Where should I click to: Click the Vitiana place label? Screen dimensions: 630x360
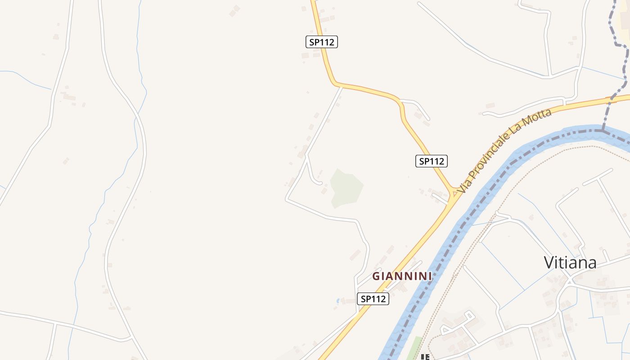coord(570,263)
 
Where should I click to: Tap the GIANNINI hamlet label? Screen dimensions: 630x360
coord(402,276)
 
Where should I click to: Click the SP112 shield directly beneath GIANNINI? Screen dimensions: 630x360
coord(373,299)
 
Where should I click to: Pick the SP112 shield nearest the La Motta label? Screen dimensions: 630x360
coord(431,161)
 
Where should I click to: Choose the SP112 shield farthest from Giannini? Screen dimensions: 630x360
coord(321,42)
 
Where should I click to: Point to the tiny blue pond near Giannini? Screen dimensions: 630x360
coord(338,300)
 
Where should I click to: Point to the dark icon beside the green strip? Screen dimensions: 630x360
coord(424,357)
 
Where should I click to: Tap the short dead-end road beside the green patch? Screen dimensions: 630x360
coord(313,175)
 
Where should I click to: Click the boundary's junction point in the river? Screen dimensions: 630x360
coord(602,130)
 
